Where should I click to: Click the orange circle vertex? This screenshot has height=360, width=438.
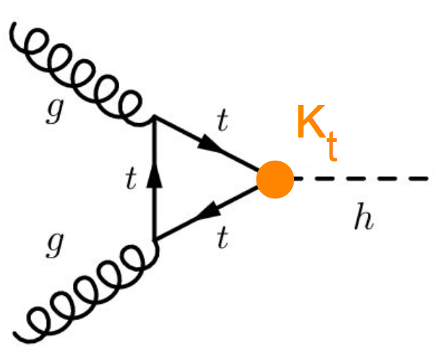[x=275, y=180]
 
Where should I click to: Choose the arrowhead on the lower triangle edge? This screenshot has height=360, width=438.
[x=213, y=211]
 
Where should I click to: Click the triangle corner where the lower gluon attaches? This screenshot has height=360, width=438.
[x=154, y=241]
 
